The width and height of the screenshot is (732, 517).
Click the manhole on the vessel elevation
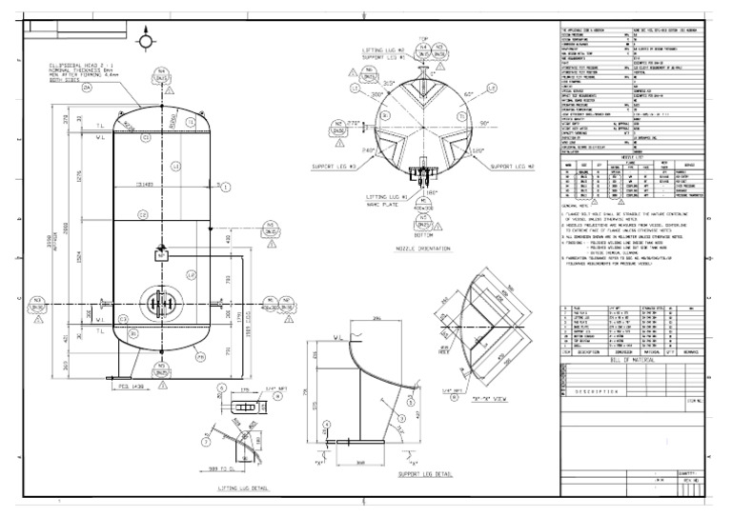pos(157,305)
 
